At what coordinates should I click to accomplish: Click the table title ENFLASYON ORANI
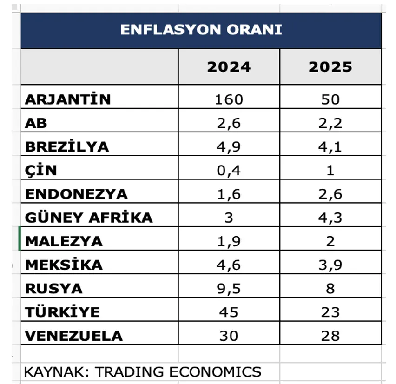pos(201,30)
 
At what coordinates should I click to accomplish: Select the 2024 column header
pos(229,67)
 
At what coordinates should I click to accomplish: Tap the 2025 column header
pos(330,67)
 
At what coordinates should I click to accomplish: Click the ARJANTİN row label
pos(68,99)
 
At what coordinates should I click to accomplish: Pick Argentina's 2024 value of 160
pos(229,99)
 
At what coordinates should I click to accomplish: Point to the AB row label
pos(36,123)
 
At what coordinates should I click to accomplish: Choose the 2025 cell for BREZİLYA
pos(330,147)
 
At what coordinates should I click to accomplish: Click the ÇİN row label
pos(41,170)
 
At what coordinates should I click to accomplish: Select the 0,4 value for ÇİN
pos(229,170)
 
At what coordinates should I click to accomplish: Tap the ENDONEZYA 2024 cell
pos(229,194)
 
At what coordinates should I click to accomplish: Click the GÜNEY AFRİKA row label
pos(89,218)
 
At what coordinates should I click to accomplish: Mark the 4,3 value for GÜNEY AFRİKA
pos(330,218)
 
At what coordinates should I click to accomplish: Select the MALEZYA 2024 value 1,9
pos(229,241)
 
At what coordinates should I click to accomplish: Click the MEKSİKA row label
pos(64,265)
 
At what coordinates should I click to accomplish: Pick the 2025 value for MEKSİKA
pos(330,265)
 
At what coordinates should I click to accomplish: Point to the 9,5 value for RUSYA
pos(229,288)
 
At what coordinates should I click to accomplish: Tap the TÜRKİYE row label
pos(62,312)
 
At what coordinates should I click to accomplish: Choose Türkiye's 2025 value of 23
pos(330,312)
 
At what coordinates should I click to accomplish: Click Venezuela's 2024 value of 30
pos(229,336)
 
